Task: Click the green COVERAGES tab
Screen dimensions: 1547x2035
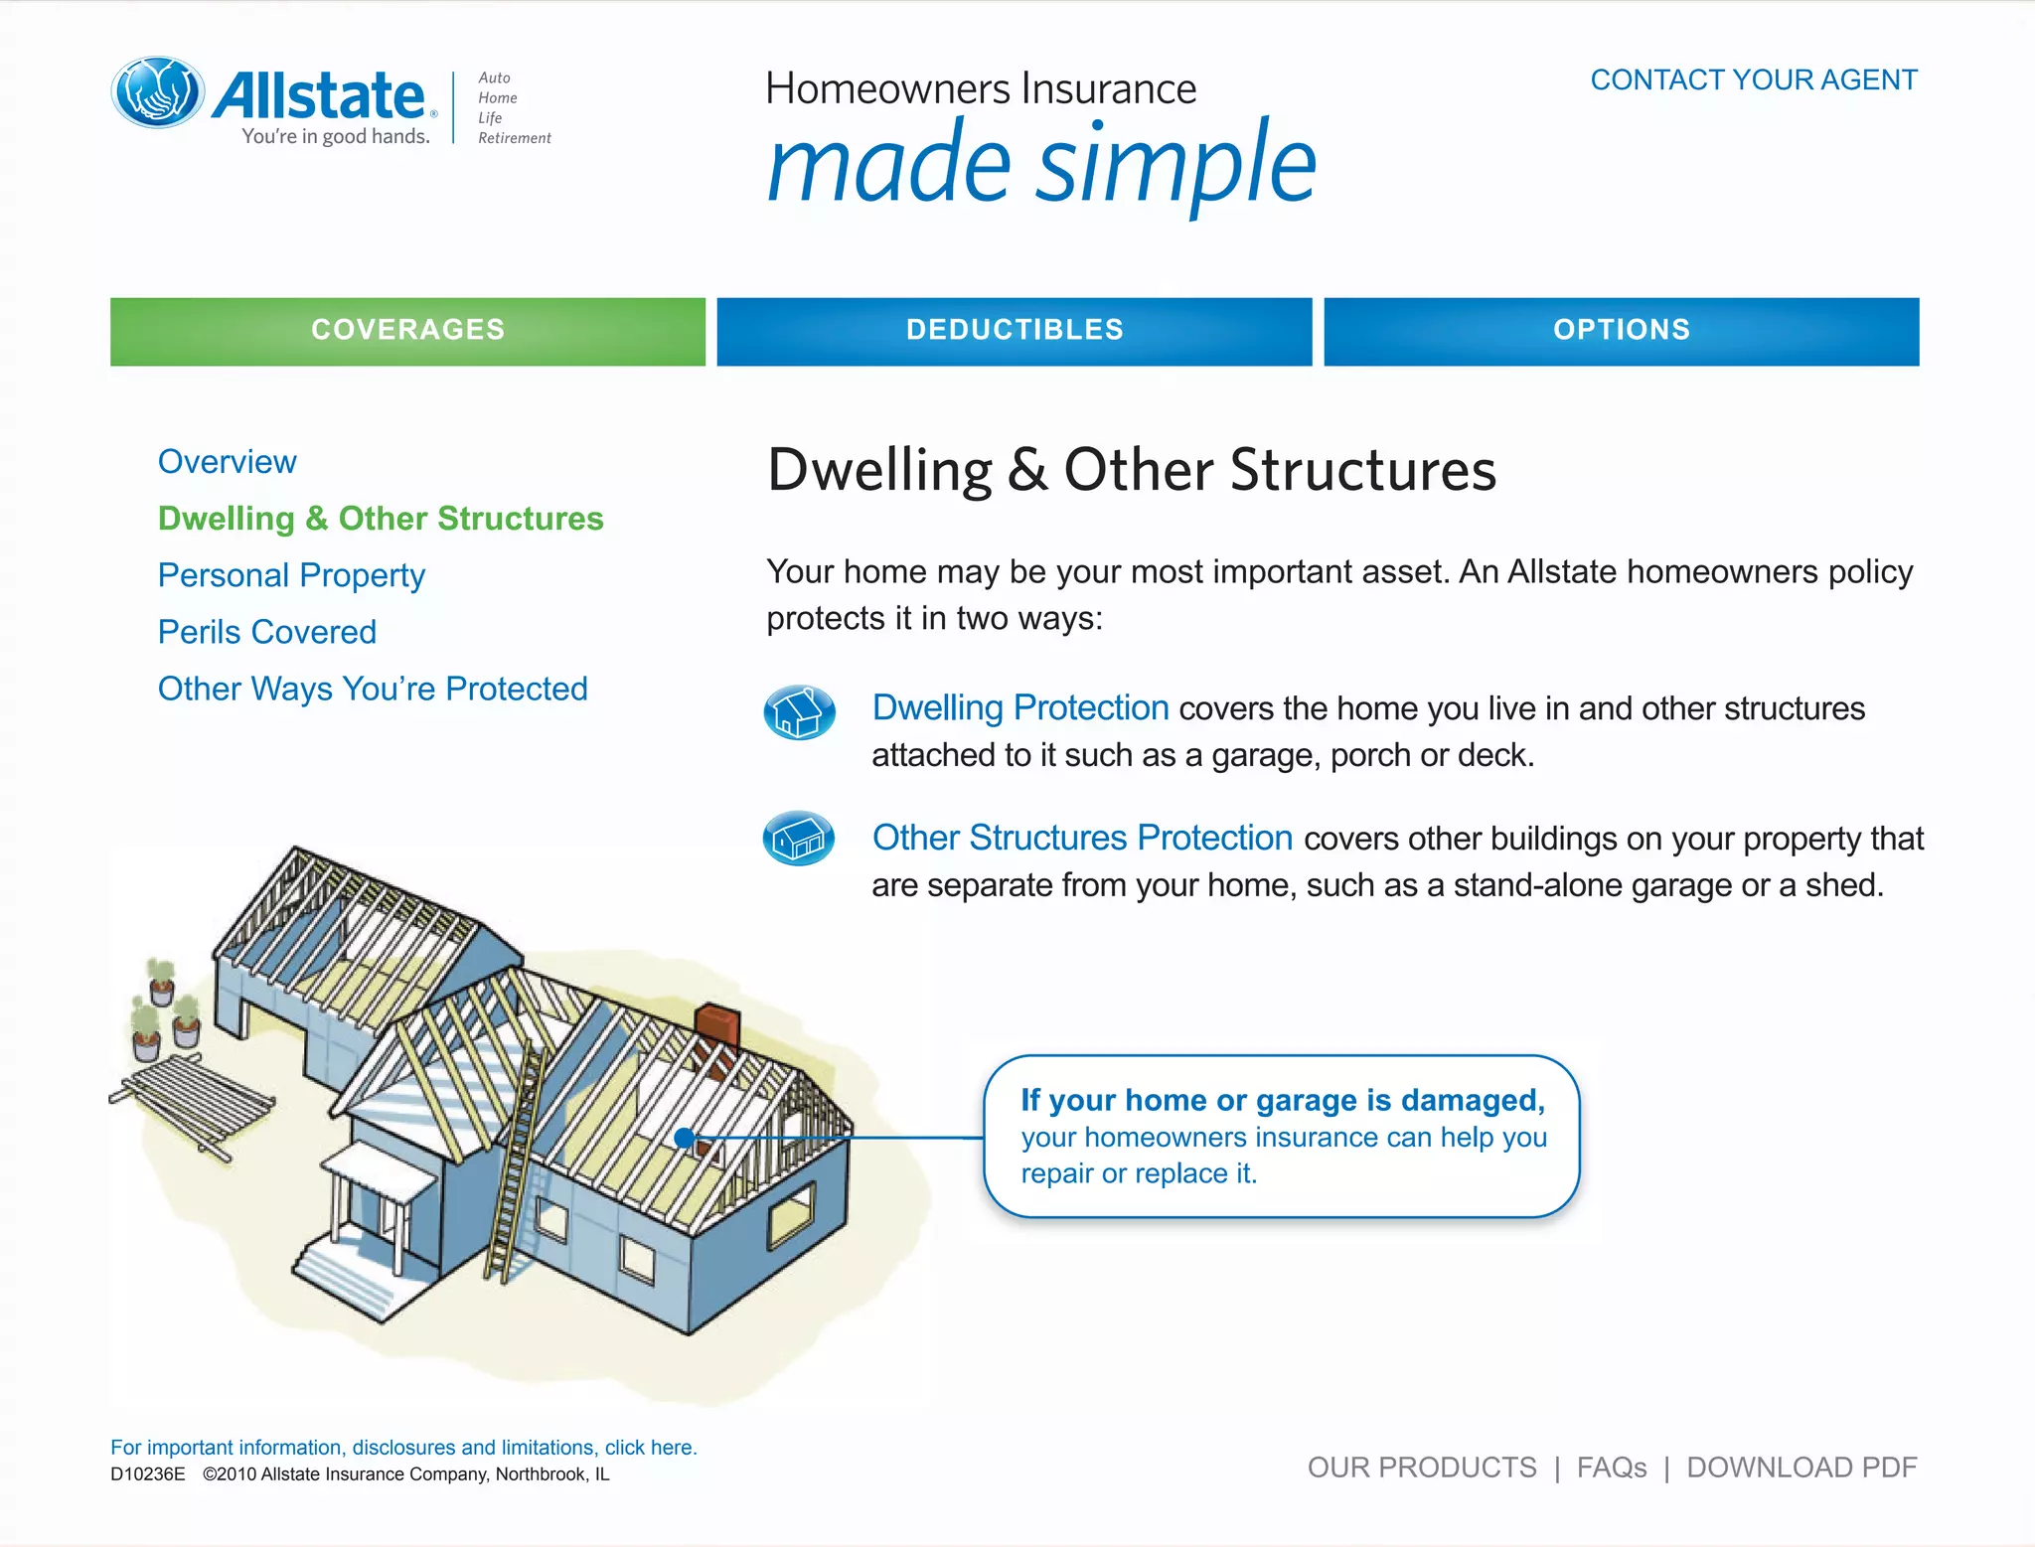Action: (407, 331)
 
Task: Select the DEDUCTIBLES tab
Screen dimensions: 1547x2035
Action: (1014, 331)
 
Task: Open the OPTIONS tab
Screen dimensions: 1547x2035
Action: (1621, 331)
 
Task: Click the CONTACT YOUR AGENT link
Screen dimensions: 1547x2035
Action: (1753, 79)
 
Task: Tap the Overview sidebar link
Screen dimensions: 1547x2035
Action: (227, 462)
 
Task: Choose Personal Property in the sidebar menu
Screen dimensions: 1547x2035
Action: (291, 575)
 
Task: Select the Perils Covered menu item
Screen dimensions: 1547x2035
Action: (266, 632)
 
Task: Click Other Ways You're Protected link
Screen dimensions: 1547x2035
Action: (373, 689)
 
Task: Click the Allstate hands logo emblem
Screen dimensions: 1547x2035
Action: (158, 92)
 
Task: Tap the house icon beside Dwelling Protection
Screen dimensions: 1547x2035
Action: (799, 712)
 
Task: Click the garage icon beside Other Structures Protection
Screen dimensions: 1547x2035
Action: (799, 839)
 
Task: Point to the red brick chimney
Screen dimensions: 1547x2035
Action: (717, 1025)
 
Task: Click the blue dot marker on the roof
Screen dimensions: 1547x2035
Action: (684, 1139)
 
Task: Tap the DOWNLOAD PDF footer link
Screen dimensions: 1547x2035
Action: (1801, 1468)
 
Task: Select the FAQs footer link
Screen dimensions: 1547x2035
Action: (1611, 1468)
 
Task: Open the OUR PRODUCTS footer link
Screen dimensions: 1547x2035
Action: (1421, 1468)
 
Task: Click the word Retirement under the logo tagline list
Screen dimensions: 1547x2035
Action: (514, 138)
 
